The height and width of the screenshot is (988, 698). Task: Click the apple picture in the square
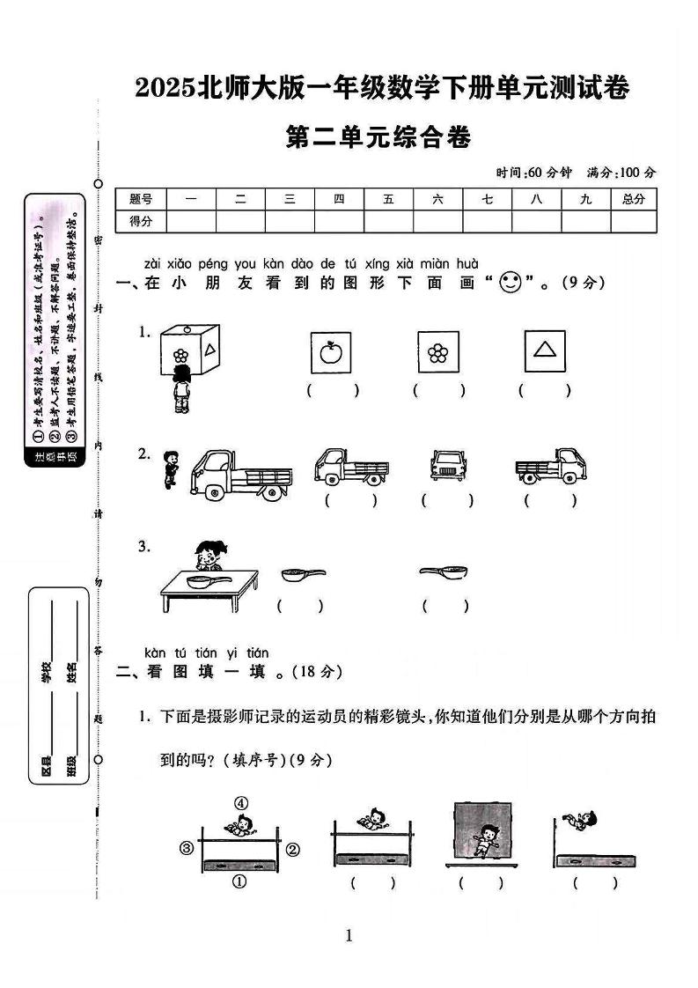tap(331, 353)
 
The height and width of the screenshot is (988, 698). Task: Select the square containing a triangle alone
tap(545, 352)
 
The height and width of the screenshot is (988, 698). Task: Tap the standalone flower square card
tap(438, 353)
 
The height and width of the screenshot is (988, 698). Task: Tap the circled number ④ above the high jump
tap(240, 802)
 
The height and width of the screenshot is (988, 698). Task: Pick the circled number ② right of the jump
tap(293, 849)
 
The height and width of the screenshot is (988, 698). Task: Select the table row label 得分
tap(141, 222)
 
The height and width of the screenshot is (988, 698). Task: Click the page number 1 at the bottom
tap(349, 935)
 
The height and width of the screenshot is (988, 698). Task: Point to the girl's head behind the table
tap(208, 555)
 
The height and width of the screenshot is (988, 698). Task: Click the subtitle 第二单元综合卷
tap(379, 138)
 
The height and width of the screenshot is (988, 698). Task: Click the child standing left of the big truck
tap(170, 468)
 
